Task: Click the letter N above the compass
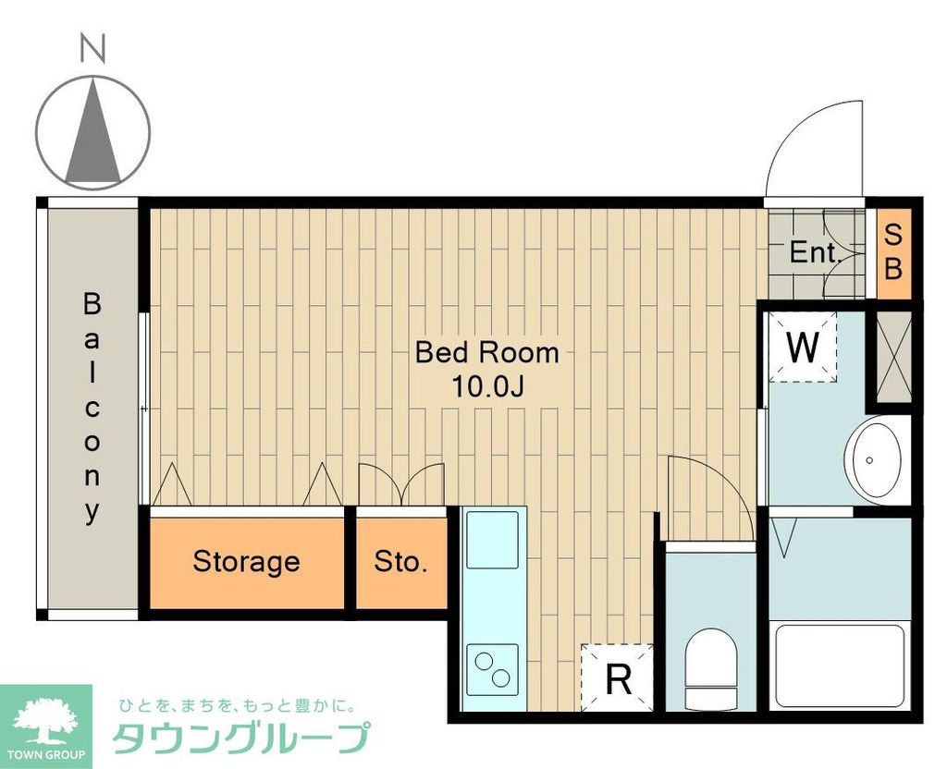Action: [92, 49]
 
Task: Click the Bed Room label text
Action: [486, 352]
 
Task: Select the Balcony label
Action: [92, 407]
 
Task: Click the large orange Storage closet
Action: [246, 561]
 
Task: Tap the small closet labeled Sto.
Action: [400, 561]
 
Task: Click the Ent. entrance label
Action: [813, 253]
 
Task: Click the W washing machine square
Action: [803, 348]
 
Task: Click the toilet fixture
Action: [710, 667]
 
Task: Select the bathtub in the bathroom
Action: [838, 664]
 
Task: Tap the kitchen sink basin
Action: [492, 541]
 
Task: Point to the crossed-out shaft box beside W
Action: [893, 358]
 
